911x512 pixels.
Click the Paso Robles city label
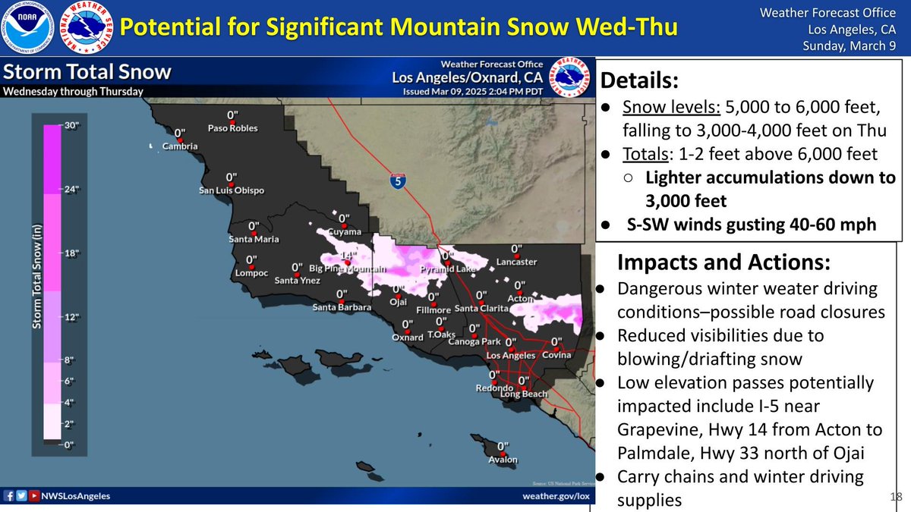coord(233,128)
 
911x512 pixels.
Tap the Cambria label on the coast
coord(181,146)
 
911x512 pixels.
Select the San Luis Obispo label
coord(229,190)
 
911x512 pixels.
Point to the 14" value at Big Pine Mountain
coord(348,256)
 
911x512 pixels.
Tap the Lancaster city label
coord(516,262)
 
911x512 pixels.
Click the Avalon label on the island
coord(503,460)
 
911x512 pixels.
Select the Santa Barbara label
coord(342,307)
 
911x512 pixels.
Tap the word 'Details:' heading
coord(638,80)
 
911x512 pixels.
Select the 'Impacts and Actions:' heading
coord(724,262)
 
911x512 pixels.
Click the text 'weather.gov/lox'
coord(556,496)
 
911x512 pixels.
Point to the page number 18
coord(895,495)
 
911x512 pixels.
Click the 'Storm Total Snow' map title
coord(87,73)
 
